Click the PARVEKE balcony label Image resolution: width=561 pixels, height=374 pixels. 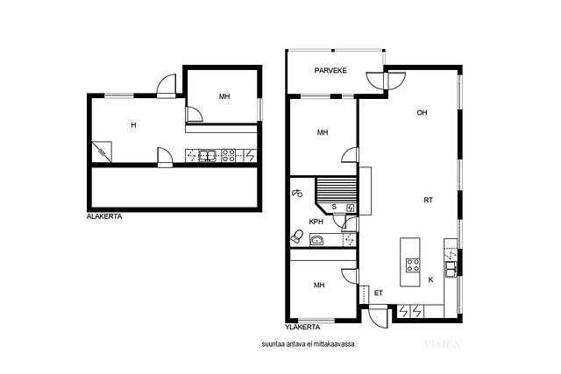[x=330, y=70]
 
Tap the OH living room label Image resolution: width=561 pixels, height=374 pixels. [x=422, y=113]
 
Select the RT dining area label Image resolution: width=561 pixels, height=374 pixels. [x=428, y=201]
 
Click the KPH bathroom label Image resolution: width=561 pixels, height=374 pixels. [x=316, y=222]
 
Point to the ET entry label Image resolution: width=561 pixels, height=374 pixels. [x=378, y=293]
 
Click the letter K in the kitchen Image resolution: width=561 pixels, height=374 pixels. [x=430, y=279]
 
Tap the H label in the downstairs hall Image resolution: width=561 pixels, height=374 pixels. [x=133, y=125]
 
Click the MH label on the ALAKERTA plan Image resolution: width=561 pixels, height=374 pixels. [x=224, y=96]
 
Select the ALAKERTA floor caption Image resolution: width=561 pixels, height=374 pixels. [x=104, y=216]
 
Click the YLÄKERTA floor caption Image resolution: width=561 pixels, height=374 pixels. [x=302, y=328]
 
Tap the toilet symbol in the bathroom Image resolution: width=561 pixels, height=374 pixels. [x=297, y=236]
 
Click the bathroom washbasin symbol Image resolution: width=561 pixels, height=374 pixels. [x=316, y=240]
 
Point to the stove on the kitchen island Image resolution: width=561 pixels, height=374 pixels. [x=413, y=265]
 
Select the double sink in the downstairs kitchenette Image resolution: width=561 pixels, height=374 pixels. [x=207, y=156]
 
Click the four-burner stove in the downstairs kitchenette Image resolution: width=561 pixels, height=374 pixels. [x=228, y=156]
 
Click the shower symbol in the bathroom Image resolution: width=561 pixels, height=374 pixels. [x=296, y=193]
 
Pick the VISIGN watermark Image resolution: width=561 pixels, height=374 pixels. [x=442, y=344]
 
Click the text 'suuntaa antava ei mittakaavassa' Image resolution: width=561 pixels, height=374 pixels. [x=308, y=344]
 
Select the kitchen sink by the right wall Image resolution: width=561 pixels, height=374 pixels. [x=451, y=269]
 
